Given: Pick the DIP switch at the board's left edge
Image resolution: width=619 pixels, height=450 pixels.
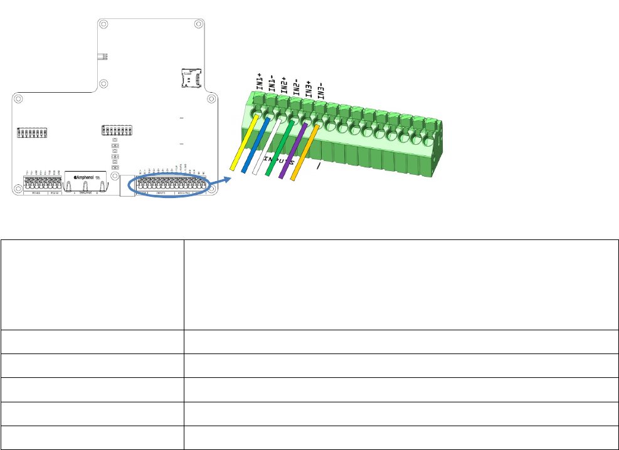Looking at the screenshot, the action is click(x=32, y=133).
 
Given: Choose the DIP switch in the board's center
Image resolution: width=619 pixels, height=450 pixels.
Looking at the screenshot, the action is click(x=117, y=131).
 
